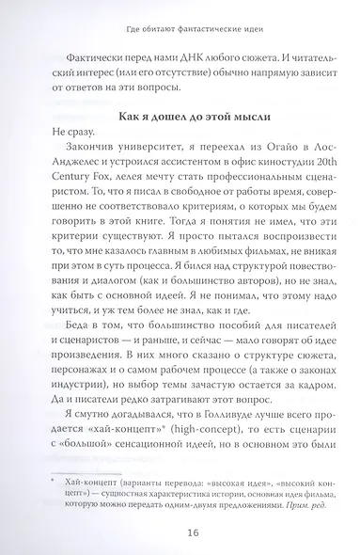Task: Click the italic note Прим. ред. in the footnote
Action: click(292, 509)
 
